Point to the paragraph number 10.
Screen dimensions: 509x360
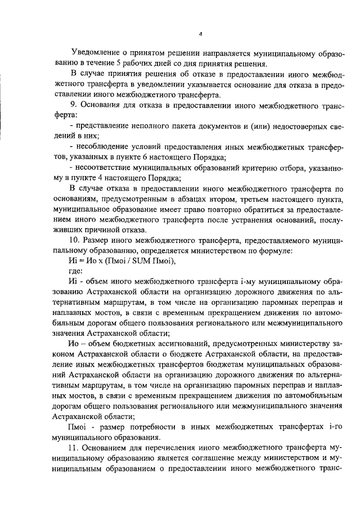pyautogui.click(x=74, y=239)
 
